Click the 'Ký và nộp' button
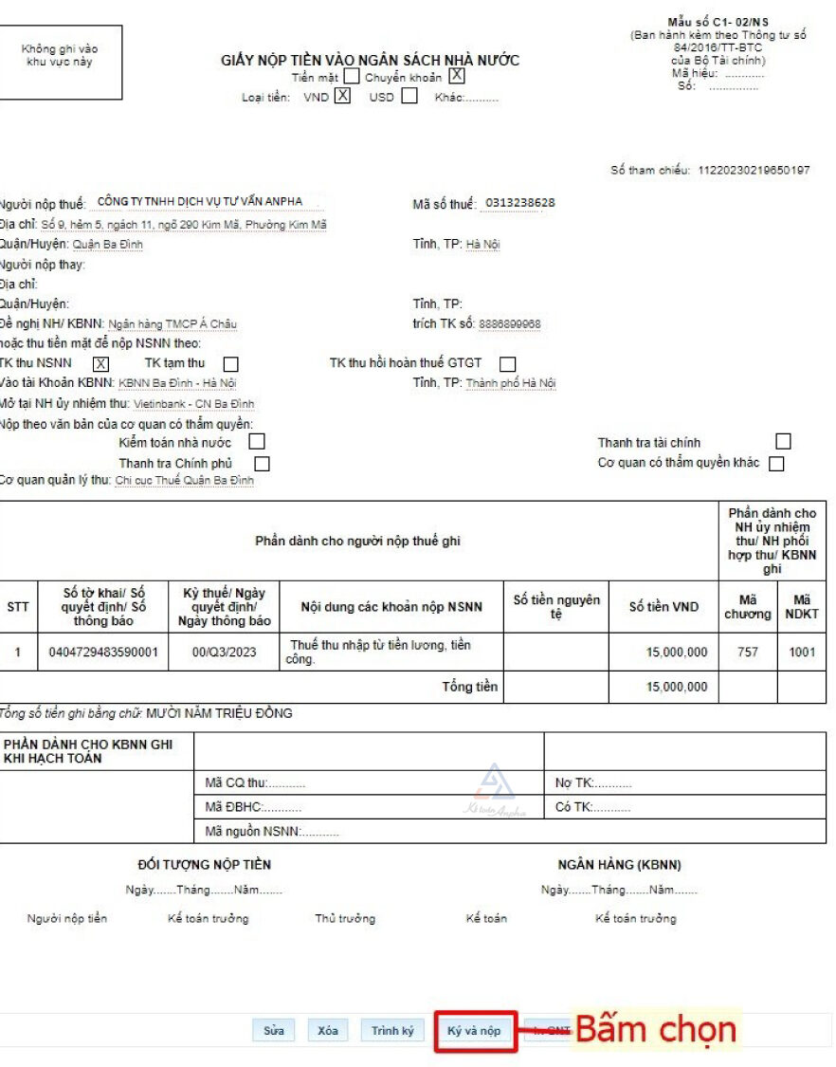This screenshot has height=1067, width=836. coord(475,1031)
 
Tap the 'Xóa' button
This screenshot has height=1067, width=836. coord(328,1031)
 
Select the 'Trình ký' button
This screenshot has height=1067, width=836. coord(392,1031)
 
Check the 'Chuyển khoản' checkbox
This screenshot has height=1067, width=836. coord(457,76)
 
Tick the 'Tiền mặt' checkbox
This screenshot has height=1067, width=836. coord(352,76)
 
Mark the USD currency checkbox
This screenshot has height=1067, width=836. coord(409,96)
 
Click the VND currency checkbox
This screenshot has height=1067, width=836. coord(342,96)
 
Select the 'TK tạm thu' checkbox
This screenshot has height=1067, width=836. coord(230,364)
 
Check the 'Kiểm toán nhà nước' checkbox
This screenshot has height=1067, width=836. coord(257,442)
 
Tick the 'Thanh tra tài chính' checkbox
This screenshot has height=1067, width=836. coord(783,442)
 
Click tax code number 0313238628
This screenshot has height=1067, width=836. coord(520,203)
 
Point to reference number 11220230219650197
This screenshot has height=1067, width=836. coord(754,171)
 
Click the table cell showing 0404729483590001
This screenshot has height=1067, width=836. coord(103,653)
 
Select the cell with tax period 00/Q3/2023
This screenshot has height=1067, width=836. coord(225,653)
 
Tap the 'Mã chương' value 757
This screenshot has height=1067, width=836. coord(748,653)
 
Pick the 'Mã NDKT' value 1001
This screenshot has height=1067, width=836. coord(802,653)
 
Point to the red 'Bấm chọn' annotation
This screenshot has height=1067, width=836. coord(655,1030)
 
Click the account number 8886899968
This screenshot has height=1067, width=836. coord(510,324)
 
